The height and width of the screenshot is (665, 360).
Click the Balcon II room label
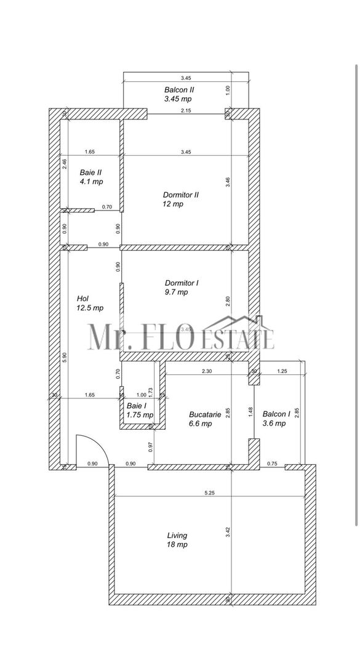pos(178,94)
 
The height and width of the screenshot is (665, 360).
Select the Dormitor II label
pos(180,199)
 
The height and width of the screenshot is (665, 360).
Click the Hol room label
pos(89,302)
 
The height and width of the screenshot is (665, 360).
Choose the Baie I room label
pos(137,411)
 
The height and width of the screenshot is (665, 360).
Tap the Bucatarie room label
pos(201,419)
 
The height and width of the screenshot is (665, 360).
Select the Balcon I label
pos(274,419)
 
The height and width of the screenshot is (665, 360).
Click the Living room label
pos(177,540)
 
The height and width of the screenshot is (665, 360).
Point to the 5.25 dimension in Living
pos(210,492)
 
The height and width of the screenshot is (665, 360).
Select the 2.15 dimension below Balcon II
pos(186,111)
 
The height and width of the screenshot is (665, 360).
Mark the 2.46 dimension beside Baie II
pos(65,164)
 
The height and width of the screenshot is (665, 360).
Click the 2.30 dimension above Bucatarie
pos(207,371)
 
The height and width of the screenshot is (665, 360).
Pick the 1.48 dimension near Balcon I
pos(250,411)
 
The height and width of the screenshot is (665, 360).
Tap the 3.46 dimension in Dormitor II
pos(228,182)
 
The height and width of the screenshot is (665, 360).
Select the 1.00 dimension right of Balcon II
pos(228,89)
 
